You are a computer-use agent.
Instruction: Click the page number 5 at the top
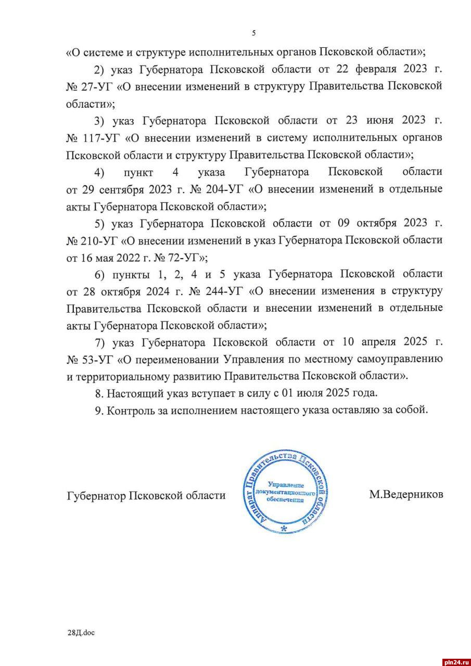(x=253, y=33)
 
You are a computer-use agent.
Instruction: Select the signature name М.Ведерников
(x=406, y=495)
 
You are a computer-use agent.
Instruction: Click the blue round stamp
(x=286, y=491)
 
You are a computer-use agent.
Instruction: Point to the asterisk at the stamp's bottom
(x=284, y=529)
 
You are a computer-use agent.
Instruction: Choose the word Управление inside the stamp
(x=285, y=484)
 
